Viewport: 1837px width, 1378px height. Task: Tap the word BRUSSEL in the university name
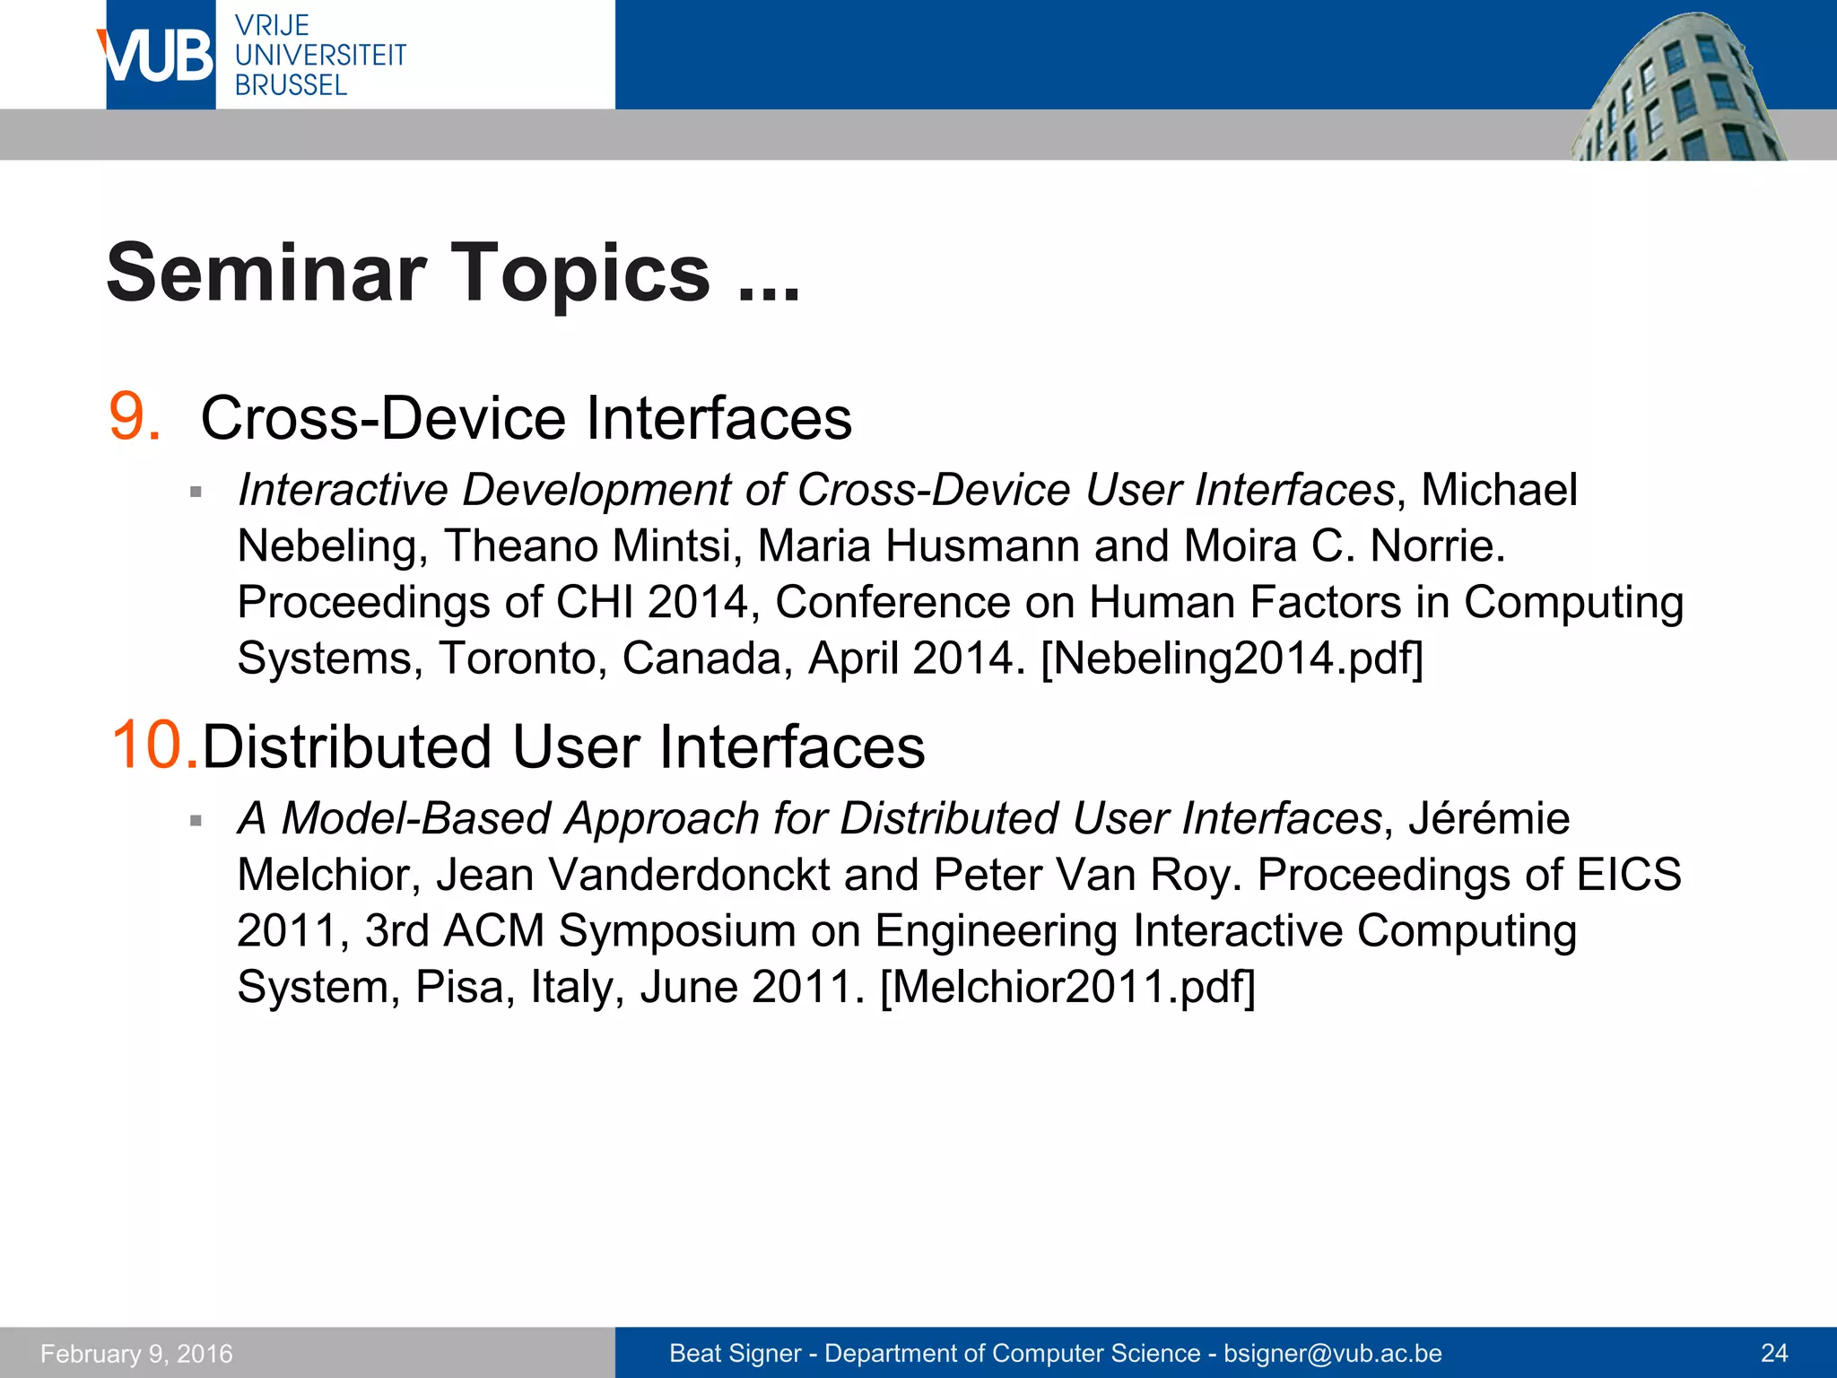[x=291, y=85]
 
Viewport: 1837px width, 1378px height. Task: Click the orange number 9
[x=135, y=417]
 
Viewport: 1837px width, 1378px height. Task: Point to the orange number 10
[x=153, y=746]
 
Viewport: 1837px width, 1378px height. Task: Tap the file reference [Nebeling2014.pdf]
[x=1232, y=658]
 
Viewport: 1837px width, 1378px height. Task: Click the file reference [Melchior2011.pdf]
[x=1067, y=987]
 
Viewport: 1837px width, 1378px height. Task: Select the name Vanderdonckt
[x=689, y=875]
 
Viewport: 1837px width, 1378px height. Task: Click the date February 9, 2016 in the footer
[x=136, y=1353]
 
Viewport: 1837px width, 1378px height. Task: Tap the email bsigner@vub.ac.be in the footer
[x=1333, y=1353]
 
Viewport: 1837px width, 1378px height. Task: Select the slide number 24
[x=1774, y=1353]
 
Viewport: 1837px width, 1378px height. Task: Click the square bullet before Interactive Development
[x=196, y=492]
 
